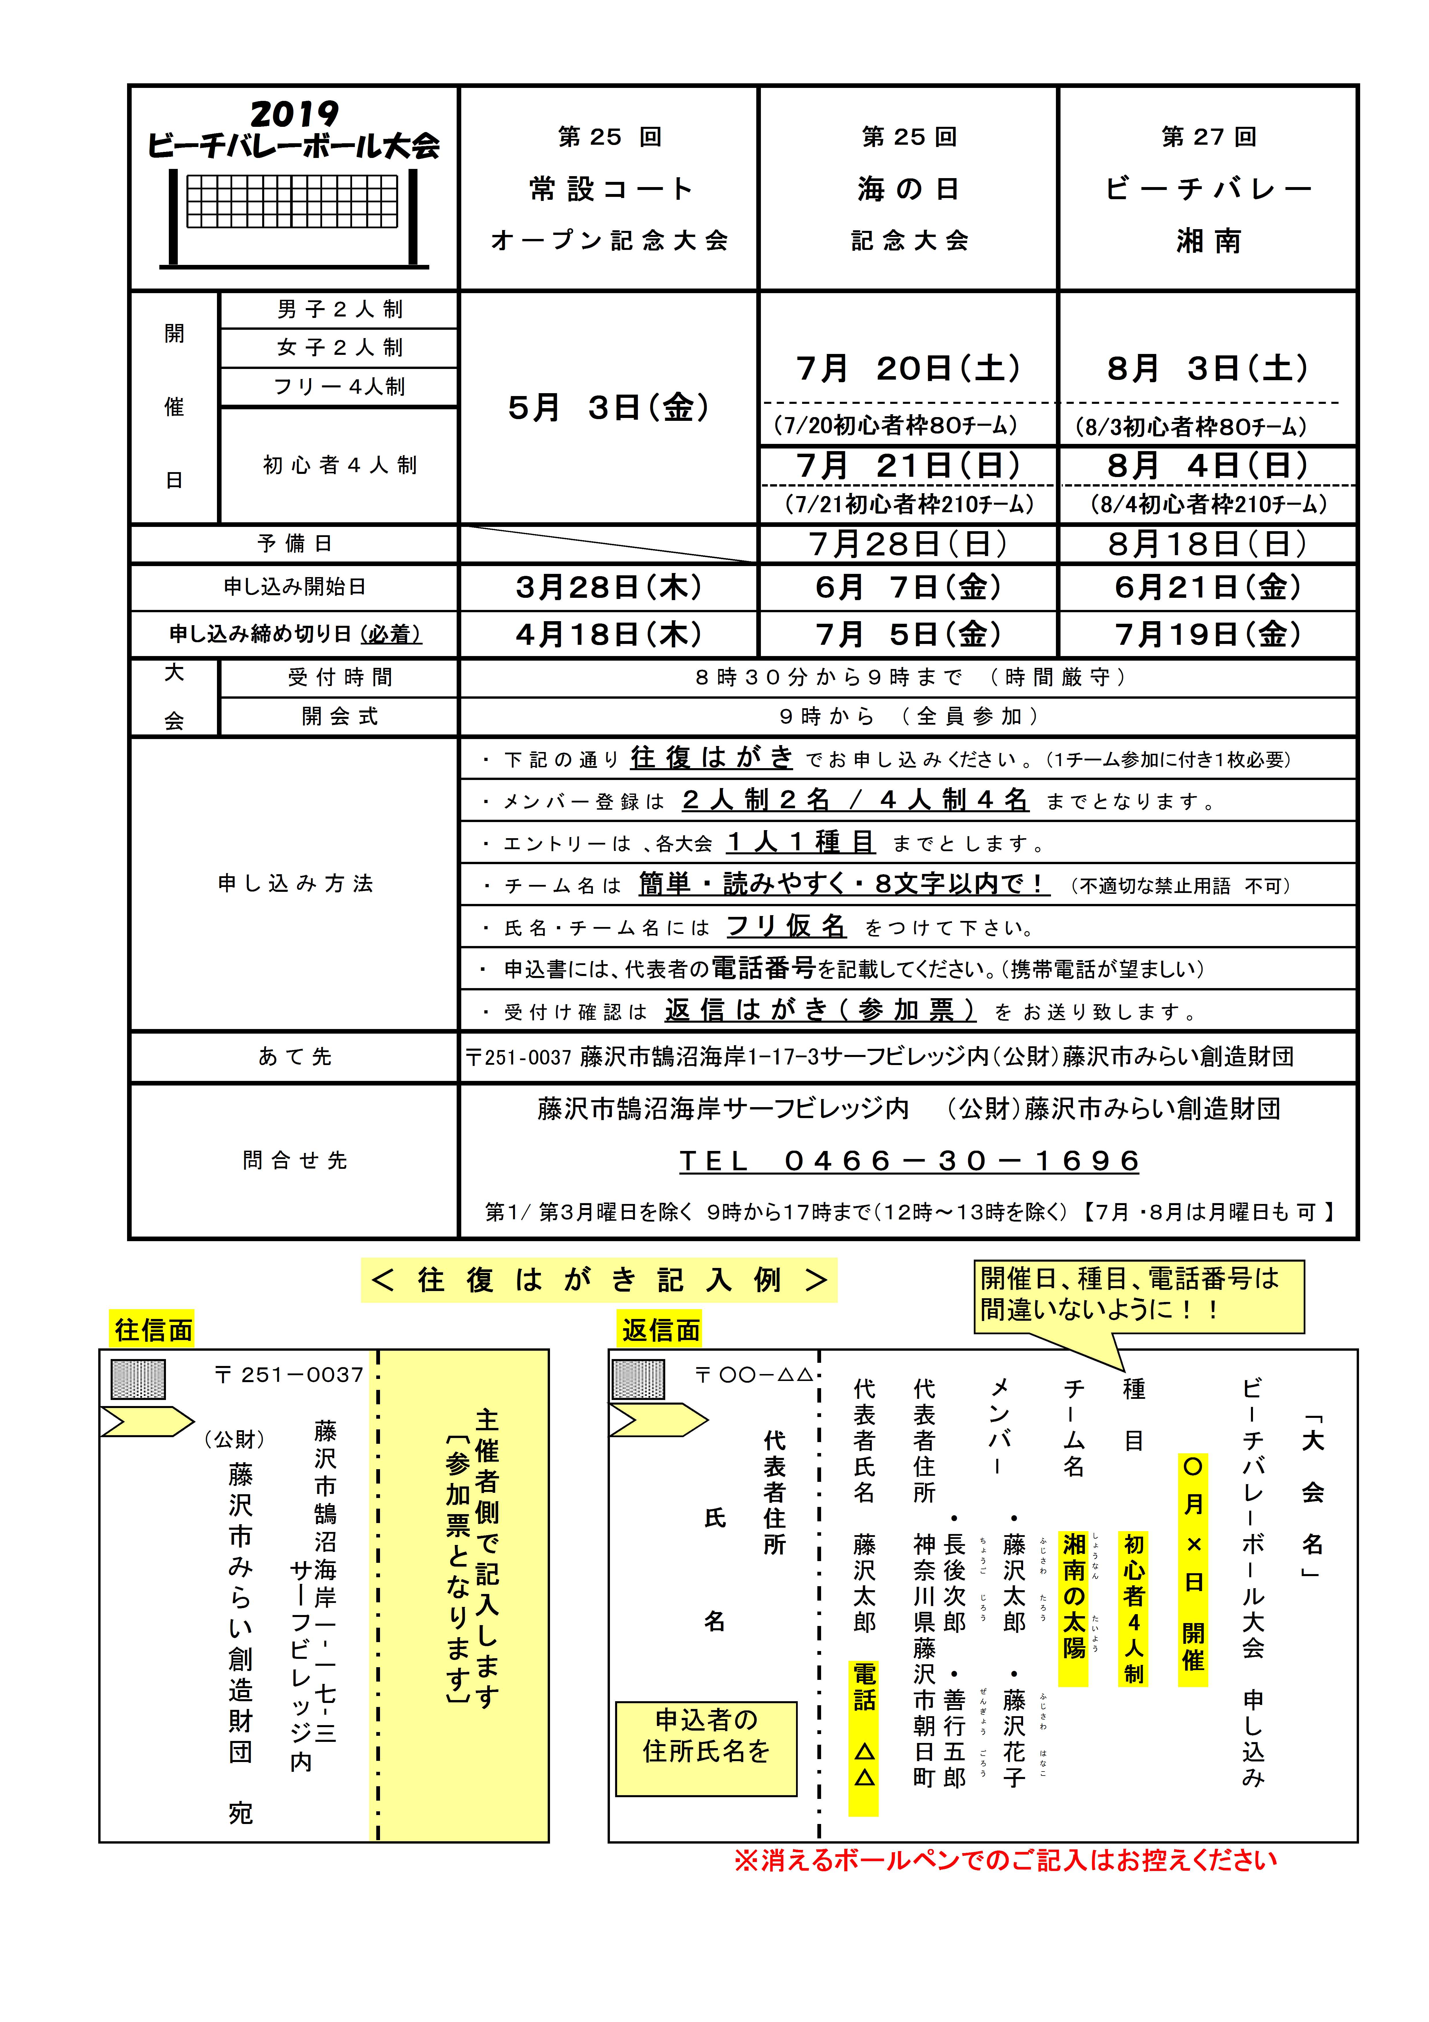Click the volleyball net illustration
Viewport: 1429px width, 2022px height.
pyautogui.click(x=293, y=217)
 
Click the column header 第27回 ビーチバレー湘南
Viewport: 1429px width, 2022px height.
pyautogui.click(x=1208, y=189)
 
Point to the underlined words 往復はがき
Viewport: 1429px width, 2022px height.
pyautogui.click(x=711, y=757)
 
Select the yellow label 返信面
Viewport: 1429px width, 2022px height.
pyautogui.click(x=660, y=1330)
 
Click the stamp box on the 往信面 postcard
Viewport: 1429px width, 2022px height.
pyautogui.click(x=138, y=1379)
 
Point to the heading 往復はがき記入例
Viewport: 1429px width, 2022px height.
pyautogui.click(x=599, y=1279)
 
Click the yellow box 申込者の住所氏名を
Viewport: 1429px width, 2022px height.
pyautogui.click(x=706, y=1735)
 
